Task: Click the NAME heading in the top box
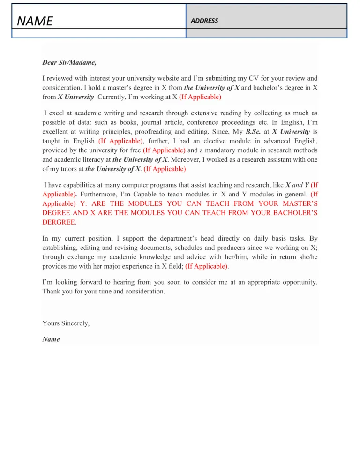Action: (x=35, y=21)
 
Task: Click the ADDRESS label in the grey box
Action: (x=204, y=21)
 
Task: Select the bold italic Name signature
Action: (x=51, y=339)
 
